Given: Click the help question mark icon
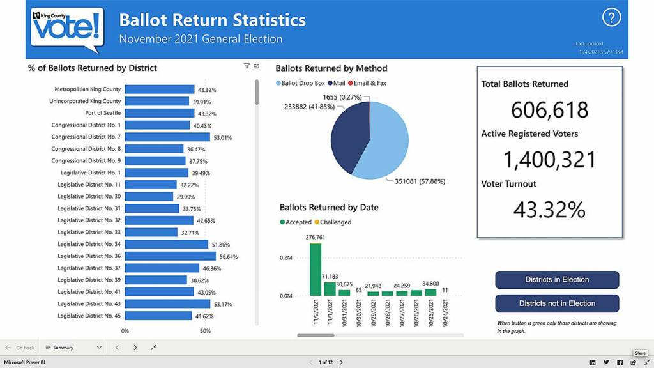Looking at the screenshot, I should pos(611,18).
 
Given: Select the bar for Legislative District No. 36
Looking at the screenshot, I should pos(171,256).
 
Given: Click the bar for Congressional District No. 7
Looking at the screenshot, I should pos(167,137).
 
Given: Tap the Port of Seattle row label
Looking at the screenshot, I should pos(103,113).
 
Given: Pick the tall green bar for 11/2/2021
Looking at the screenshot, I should pos(316,269).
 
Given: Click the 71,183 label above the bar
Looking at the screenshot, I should pos(330,276).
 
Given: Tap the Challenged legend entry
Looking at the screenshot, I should pos(332,222).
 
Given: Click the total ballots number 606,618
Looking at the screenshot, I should pos(549,110).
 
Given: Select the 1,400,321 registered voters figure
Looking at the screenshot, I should pos(549,159).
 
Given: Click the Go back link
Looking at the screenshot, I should pos(20,348).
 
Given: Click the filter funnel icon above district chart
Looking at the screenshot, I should pos(247,66).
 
